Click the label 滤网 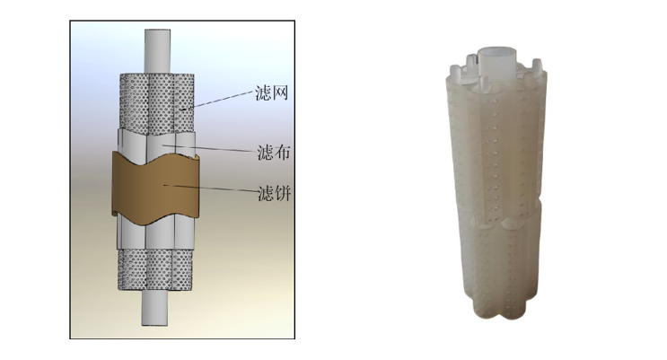pos(272,92)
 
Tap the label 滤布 pos(274,153)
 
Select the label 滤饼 pos(275,194)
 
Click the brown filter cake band pos(155,186)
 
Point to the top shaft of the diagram pos(157,51)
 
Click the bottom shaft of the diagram pos(154,308)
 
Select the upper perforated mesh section pos(156,103)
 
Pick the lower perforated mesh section pos(154,270)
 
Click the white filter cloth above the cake pos(156,143)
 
